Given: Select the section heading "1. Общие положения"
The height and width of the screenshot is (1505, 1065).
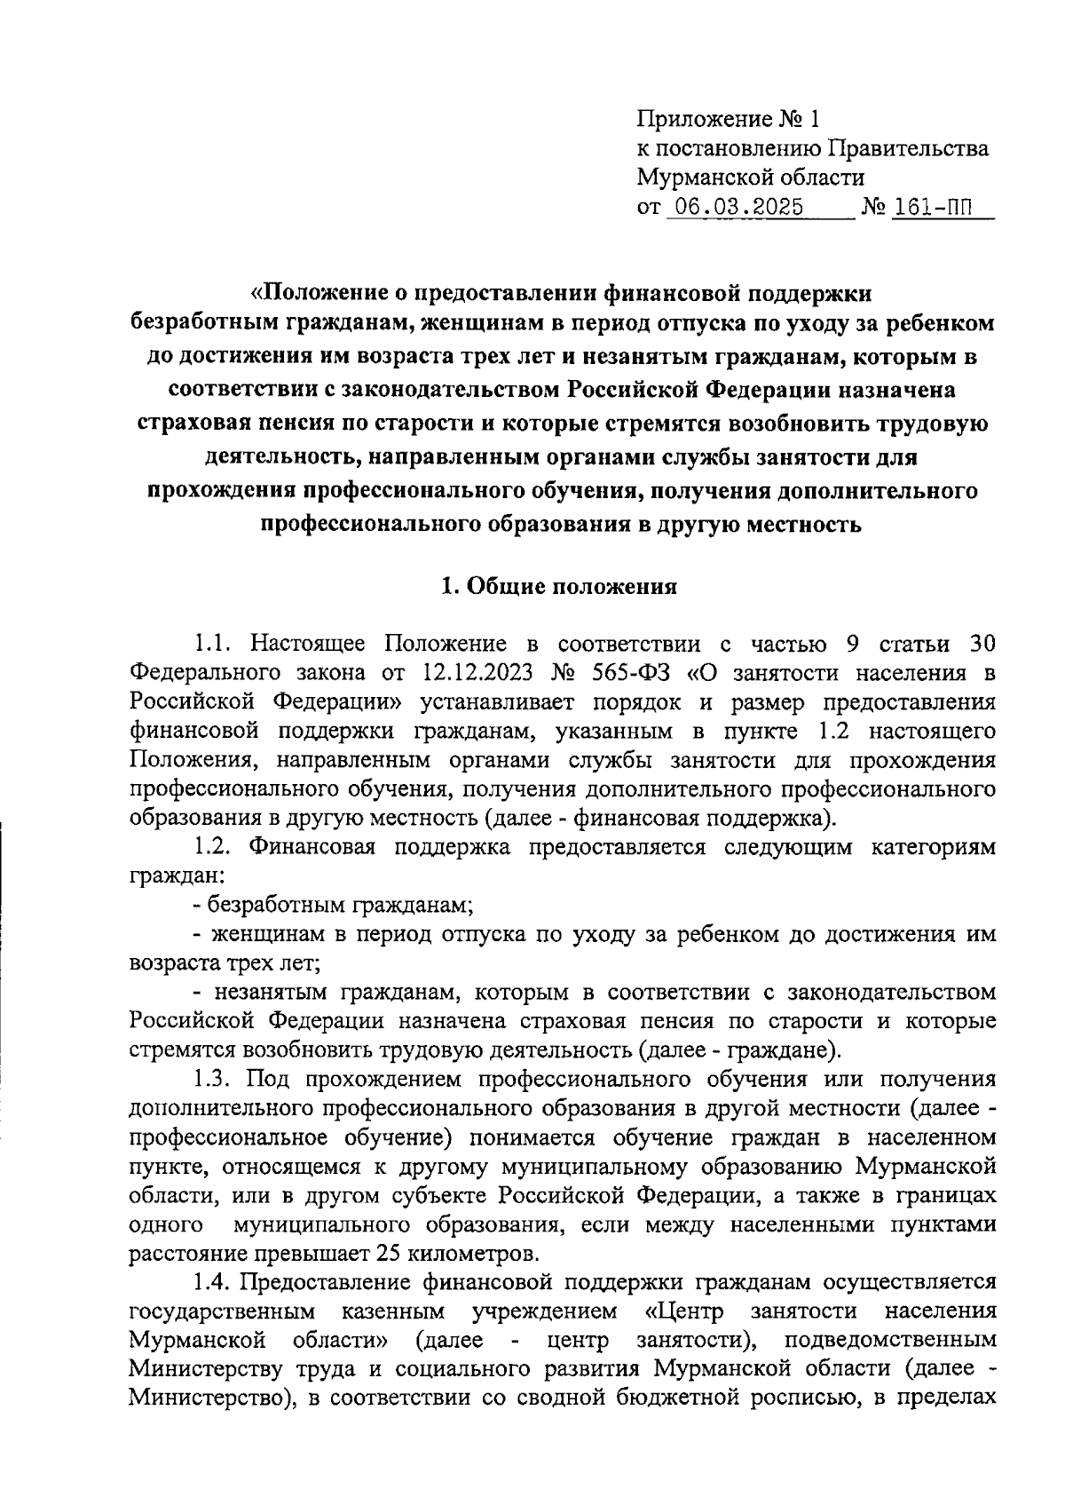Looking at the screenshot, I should click(x=560, y=586).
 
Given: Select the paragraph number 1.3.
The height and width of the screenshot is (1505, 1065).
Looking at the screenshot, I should click(x=213, y=1080).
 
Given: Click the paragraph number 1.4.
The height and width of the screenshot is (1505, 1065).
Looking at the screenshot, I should click(x=213, y=1283).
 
